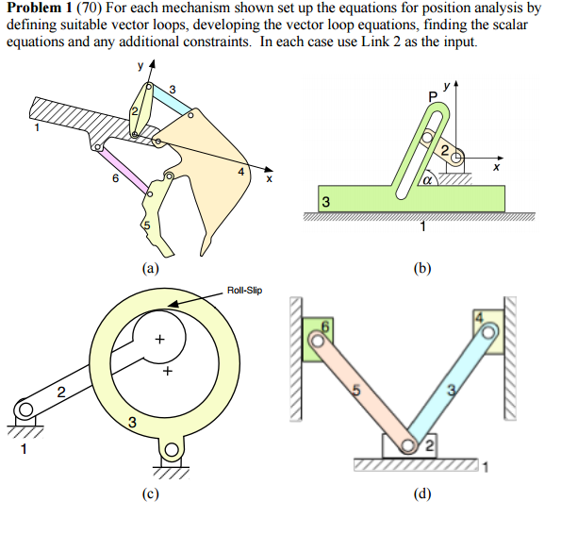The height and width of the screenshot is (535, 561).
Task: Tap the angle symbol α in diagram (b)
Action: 426,176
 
